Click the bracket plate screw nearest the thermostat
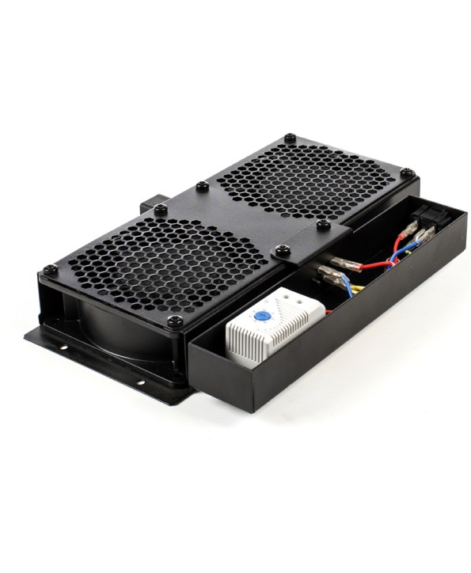[x=283, y=252]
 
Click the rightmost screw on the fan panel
[x=406, y=173]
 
